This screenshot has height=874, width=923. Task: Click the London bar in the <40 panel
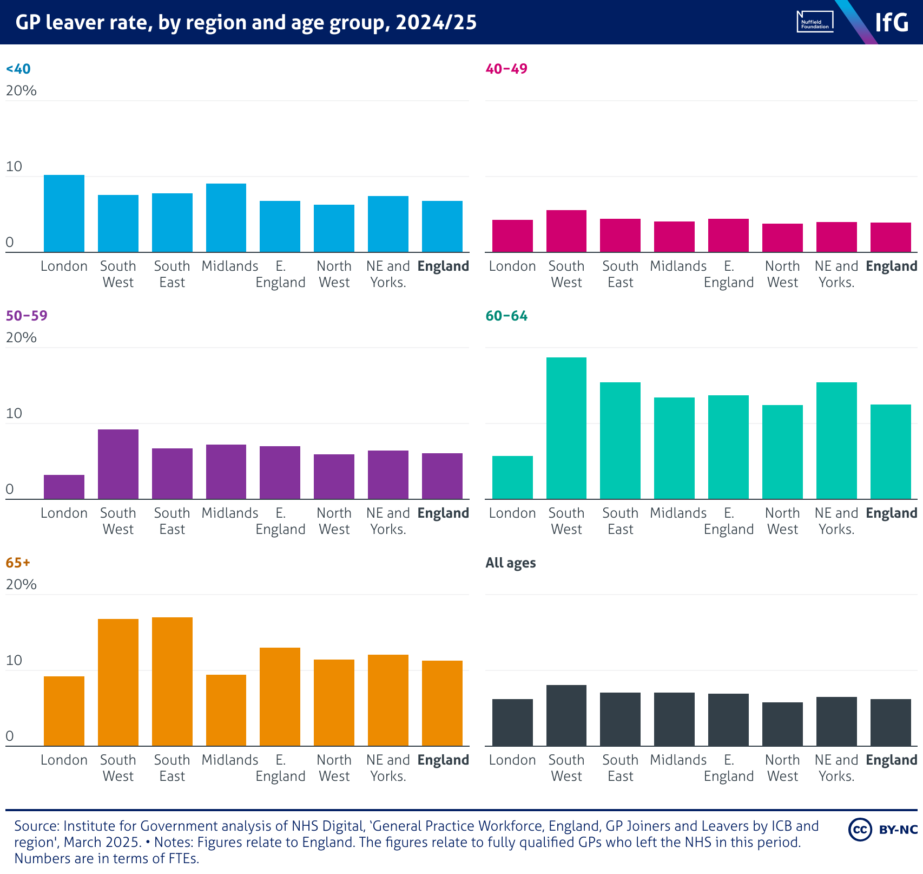click(64, 214)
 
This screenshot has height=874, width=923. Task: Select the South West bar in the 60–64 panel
click(566, 428)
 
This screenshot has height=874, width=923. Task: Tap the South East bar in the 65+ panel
click(172, 682)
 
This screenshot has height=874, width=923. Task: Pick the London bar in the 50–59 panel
click(64, 487)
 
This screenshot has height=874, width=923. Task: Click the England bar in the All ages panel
click(891, 722)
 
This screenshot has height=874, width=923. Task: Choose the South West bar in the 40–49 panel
click(566, 231)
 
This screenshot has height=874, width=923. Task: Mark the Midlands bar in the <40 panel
click(226, 218)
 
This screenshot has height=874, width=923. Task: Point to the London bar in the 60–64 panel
click(512, 478)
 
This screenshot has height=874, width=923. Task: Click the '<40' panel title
click(18, 69)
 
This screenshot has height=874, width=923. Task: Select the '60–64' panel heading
click(506, 316)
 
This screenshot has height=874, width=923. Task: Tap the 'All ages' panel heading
click(511, 563)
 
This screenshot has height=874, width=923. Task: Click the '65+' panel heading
click(18, 563)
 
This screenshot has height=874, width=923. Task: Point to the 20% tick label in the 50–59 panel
click(21, 337)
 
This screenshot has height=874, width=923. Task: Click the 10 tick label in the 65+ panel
click(14, 660)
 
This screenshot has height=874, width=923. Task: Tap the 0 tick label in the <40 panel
click(10, 242)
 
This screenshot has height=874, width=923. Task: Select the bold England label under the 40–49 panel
click(891, 266)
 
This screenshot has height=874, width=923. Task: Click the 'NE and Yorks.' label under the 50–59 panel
click(388, 521)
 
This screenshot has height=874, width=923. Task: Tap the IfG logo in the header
click(892, 22)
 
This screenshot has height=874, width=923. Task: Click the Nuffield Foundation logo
click(815, 22)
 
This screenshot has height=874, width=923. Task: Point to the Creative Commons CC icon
click(860, 830)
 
